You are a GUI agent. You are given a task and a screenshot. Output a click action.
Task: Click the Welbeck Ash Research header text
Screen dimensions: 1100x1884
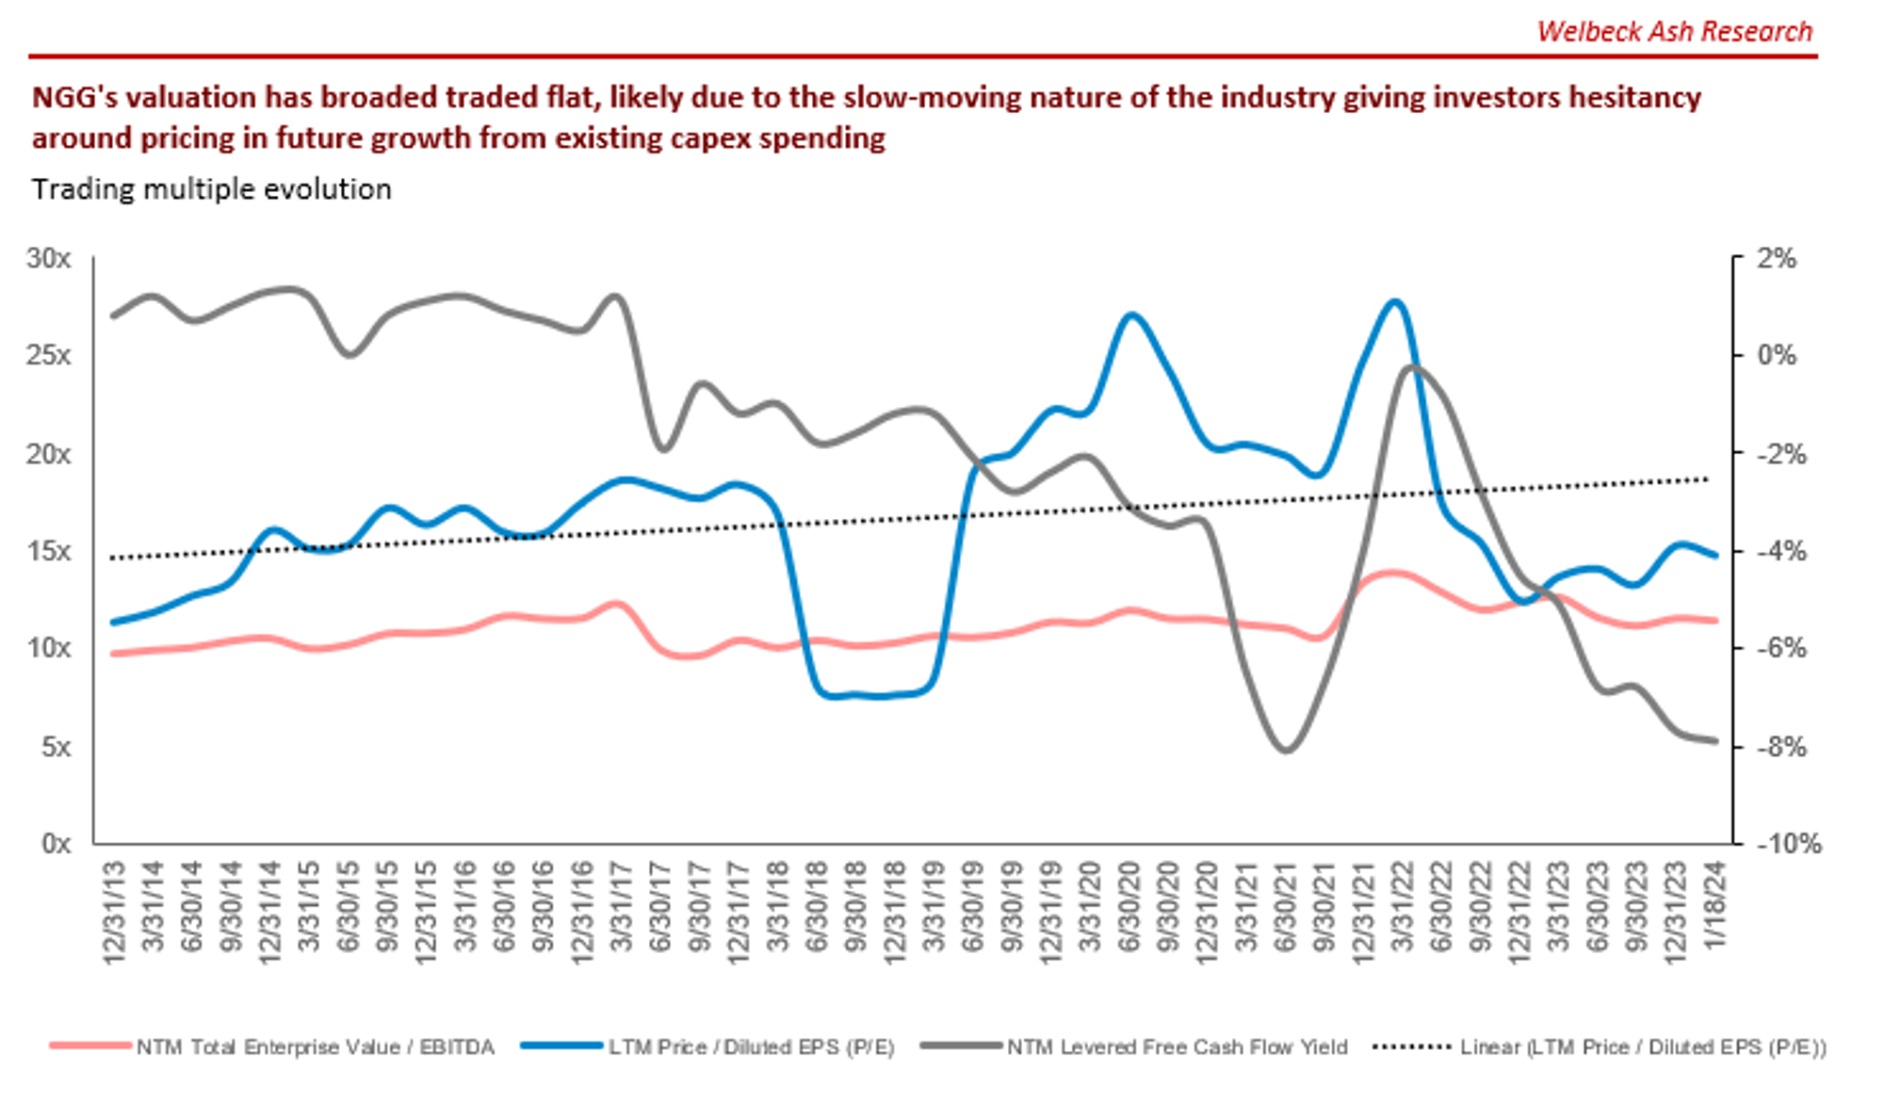pyautogui.click(x=1674, y=32)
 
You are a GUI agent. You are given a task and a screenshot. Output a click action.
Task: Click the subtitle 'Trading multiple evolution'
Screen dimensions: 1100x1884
pyautogui.click(x=211, y=189)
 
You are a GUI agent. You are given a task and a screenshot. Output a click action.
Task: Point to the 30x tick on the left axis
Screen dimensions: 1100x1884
pyautogui.click(x=48, y=258)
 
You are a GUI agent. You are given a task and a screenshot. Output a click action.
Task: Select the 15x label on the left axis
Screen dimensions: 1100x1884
pyautogui.click(x=48, y=551)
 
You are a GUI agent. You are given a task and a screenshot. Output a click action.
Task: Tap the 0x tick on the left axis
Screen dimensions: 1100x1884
pyautogui.click(x=56, y=843)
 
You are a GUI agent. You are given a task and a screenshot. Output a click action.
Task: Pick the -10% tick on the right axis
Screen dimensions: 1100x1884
pyautogui.click(x=1788, y=843)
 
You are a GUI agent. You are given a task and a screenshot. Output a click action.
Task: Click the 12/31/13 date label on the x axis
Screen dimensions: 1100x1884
pyautogui.click(x=115, y=912)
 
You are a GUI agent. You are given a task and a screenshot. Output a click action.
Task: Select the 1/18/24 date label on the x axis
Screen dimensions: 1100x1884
pyautogui.click(x=1714, y=904)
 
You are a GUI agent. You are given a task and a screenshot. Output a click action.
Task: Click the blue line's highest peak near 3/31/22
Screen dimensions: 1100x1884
pyautogui.click(x=1396, y=301)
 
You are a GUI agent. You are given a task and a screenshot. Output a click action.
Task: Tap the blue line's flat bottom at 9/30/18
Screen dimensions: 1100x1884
pyautogui.click(x=855, y=695)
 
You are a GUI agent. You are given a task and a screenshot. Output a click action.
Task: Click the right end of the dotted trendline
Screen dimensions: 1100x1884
pyautogui.click(x=1707, y=479)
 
